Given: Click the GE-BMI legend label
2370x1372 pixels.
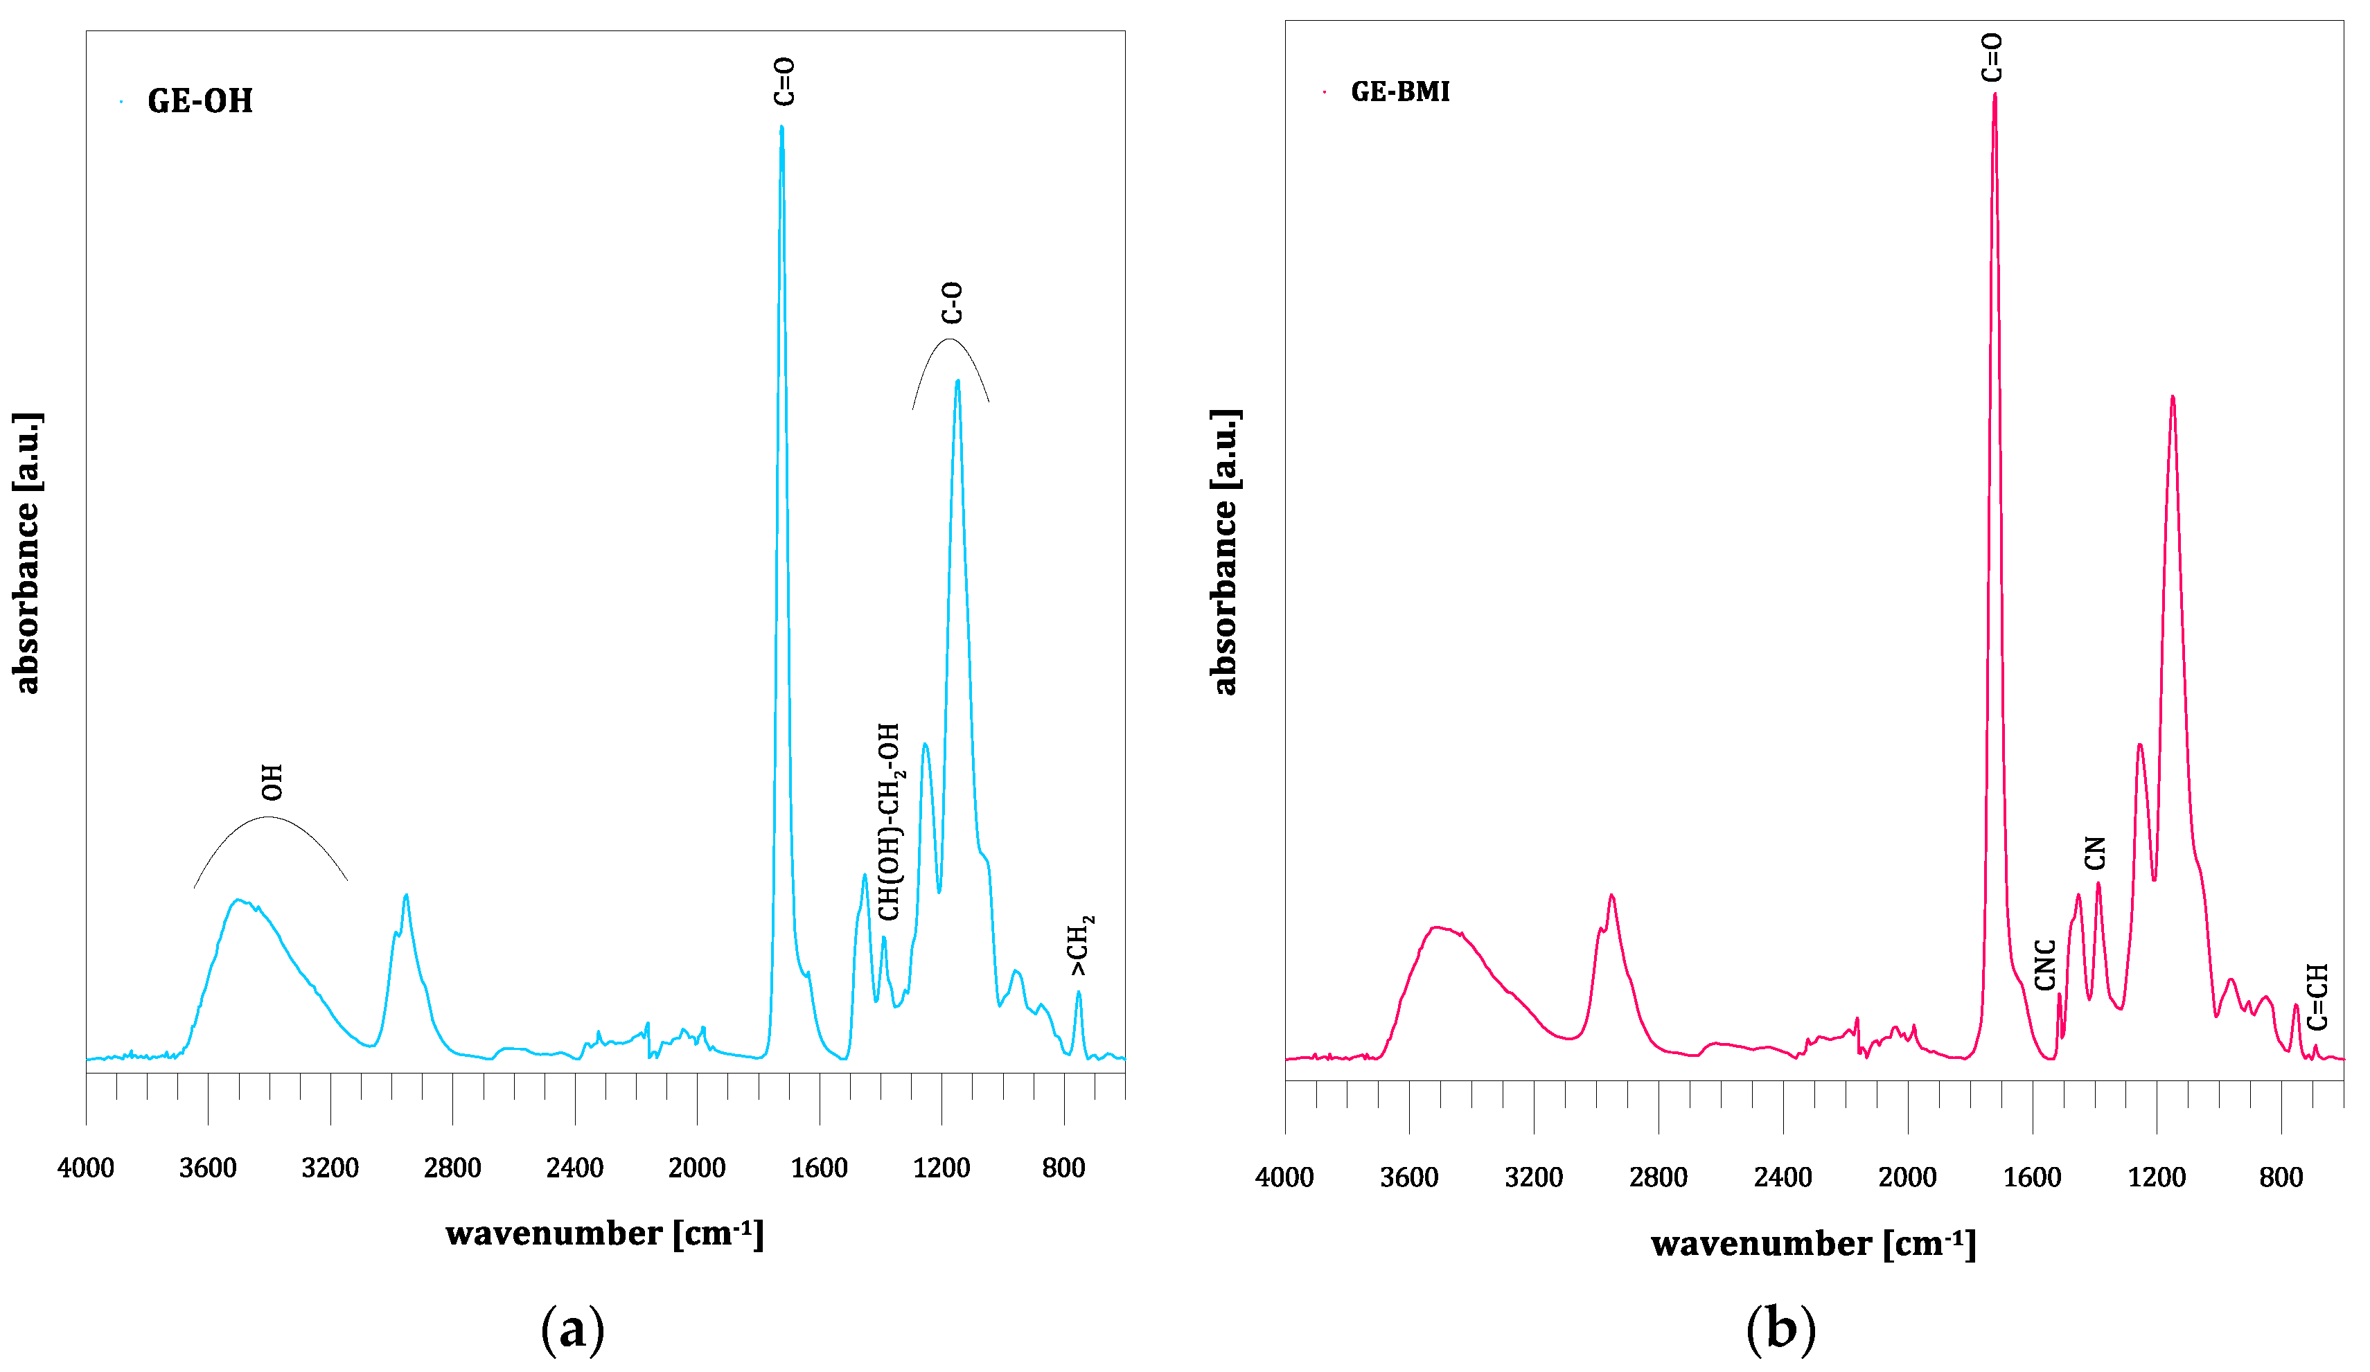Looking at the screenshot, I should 1399,92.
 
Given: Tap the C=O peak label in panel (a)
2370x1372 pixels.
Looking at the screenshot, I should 784,81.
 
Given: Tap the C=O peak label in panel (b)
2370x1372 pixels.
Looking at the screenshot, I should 1992,57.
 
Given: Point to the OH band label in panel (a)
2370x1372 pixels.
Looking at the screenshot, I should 272,783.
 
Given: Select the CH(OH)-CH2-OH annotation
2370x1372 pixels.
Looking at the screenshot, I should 890,821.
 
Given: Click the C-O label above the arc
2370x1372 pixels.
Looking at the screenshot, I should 952,303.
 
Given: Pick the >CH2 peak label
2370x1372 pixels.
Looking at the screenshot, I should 1081,945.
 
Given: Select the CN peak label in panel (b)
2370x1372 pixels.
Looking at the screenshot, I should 2094,853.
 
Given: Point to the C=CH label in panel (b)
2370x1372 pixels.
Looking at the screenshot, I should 2317,997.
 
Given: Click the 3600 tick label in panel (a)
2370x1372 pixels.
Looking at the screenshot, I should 208,1168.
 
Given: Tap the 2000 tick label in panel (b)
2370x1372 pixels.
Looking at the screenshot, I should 1907,1177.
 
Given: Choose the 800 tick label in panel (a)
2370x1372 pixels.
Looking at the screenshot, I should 1063,1168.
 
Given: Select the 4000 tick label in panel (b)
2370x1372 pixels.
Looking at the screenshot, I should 1284,1177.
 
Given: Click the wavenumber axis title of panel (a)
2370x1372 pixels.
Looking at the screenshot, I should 605,1233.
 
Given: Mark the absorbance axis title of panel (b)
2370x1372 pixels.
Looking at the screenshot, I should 1225,552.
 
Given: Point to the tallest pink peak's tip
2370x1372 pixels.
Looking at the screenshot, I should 1994,94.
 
